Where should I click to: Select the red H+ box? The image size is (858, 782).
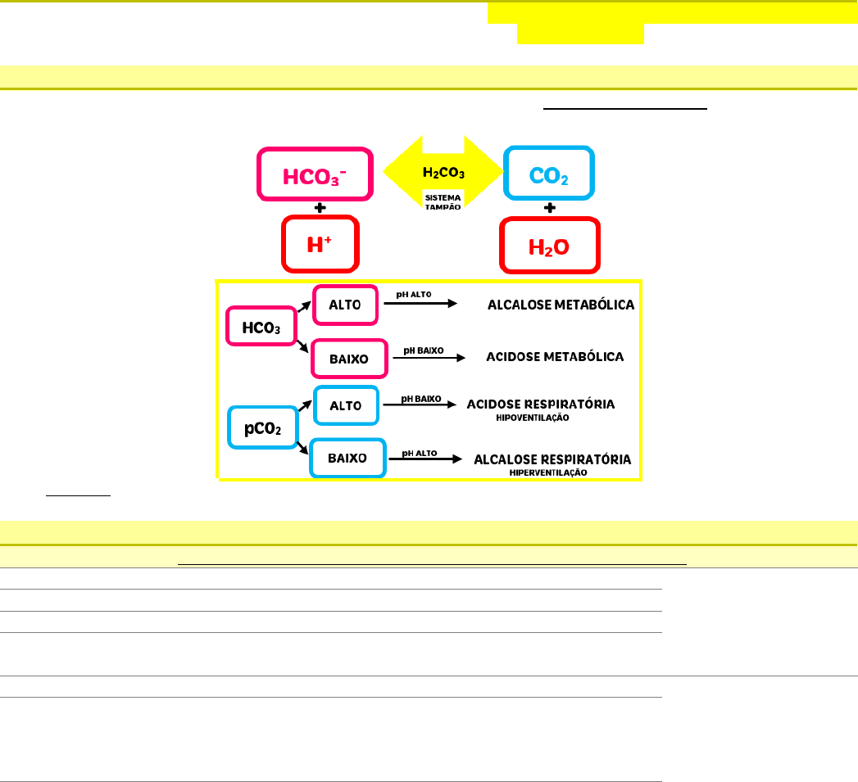320,243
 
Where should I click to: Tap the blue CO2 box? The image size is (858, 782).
549,173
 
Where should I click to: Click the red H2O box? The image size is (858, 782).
550,244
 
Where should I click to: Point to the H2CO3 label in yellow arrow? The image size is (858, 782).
443,173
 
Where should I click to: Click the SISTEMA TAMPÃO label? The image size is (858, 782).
443,202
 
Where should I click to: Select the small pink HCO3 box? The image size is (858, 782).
261,328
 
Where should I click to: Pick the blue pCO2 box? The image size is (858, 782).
262,428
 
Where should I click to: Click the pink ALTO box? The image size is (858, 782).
345,305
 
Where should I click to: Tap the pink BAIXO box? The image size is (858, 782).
348,358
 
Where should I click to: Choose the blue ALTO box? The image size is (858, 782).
347,405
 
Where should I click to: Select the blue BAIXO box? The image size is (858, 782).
347,458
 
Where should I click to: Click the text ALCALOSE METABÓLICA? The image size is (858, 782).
561,305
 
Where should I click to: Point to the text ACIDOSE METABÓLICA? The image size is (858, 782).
555,357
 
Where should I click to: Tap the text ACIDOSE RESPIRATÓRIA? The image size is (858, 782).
541,405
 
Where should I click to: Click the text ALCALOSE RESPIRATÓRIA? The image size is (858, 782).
552,459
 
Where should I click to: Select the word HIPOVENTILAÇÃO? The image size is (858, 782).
533,418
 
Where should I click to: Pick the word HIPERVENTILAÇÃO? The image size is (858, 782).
548,472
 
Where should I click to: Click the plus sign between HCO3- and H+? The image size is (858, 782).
320,208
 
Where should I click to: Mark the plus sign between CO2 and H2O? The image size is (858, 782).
550,208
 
